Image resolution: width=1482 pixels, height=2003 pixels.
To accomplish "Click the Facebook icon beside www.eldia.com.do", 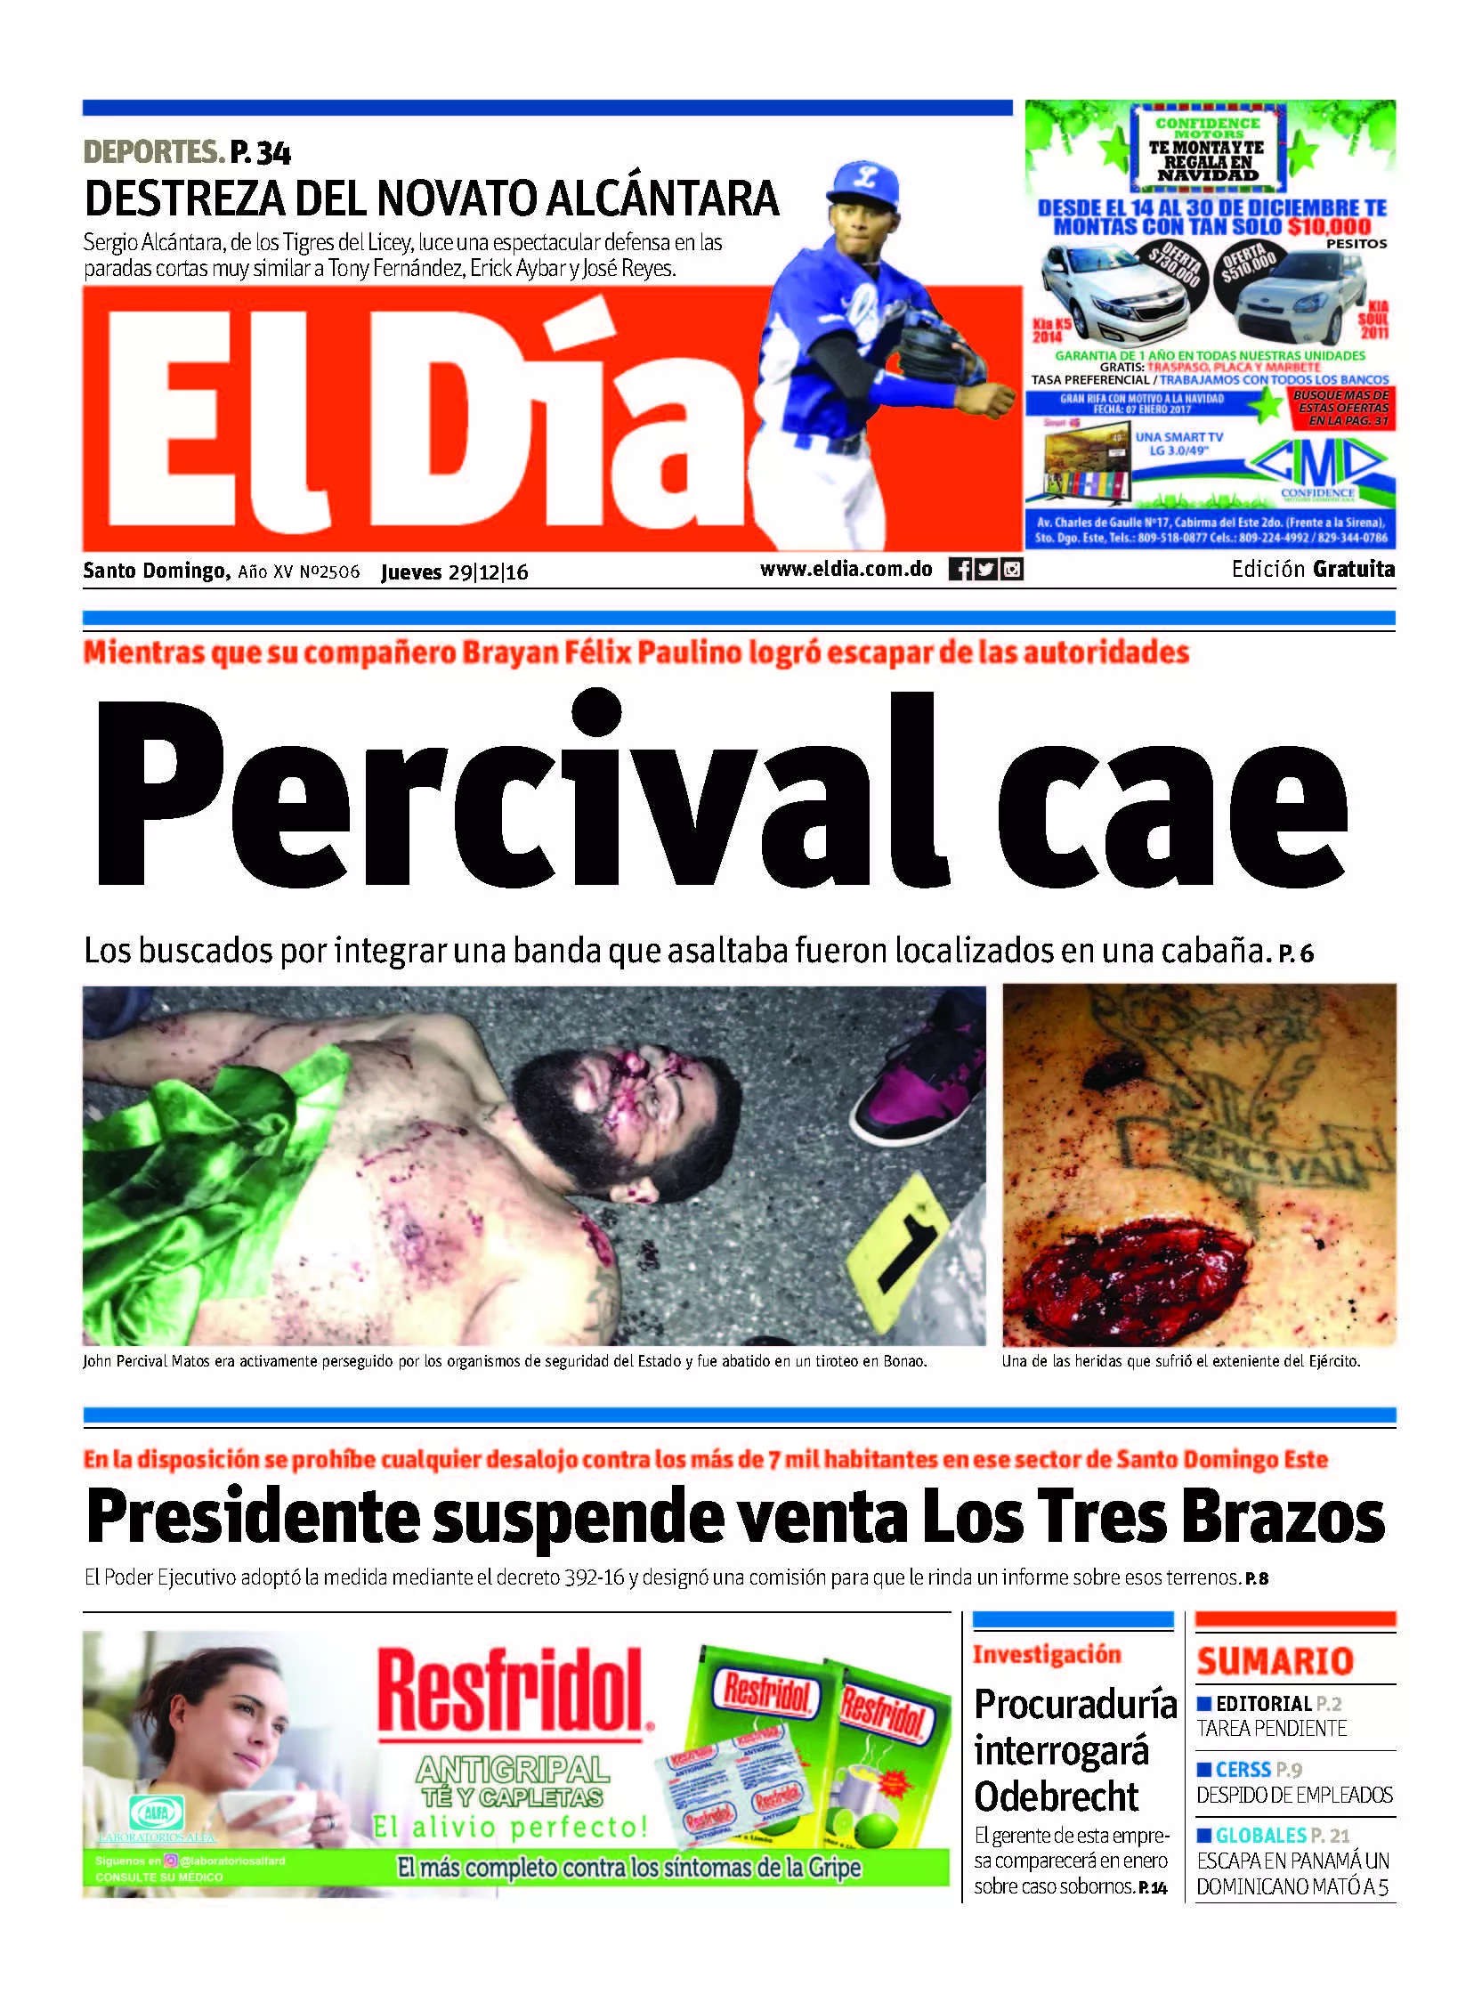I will pos(959,569).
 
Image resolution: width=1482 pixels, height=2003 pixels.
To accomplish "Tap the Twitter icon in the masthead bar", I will pos(985,569).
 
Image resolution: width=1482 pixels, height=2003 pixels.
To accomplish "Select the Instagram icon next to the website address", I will pos(1012,569).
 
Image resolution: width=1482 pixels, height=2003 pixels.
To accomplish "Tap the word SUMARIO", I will pos(1274,1661).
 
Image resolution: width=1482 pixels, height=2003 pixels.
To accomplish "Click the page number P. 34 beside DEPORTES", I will pos(260,153).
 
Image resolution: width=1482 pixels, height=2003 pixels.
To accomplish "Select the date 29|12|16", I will pos(489,572).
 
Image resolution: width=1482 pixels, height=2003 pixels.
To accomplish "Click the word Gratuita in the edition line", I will pos(1354,569).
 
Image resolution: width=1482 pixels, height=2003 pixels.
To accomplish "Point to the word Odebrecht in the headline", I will pos(1056,1796).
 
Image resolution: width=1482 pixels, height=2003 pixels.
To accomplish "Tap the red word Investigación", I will pos(1047,1654).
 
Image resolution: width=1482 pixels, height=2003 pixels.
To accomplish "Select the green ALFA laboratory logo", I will pos(157,1812).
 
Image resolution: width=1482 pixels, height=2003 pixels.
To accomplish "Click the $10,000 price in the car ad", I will pos(1330,227).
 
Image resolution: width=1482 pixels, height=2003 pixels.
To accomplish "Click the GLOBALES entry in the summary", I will pos(1260,1836).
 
